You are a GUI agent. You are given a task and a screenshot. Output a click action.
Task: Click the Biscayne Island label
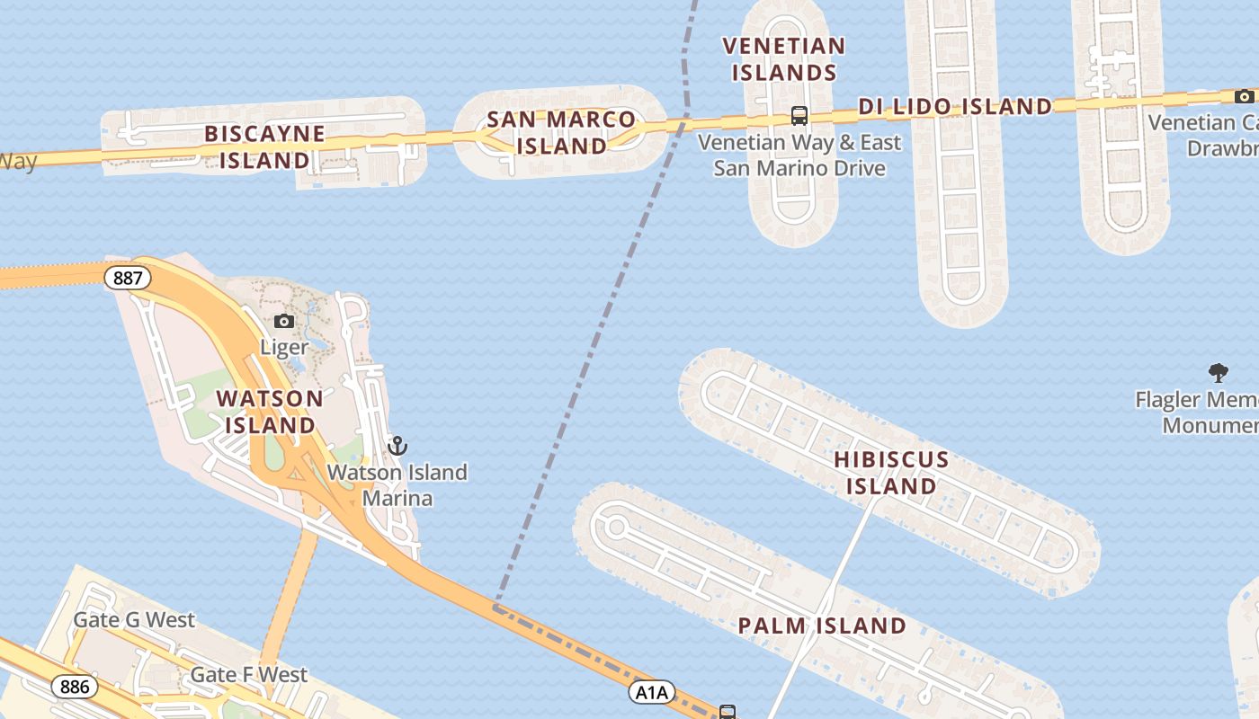[263, 147]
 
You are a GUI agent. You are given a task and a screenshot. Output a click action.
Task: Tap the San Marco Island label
[561, 132]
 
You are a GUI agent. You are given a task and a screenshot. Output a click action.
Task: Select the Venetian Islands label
[784, 58]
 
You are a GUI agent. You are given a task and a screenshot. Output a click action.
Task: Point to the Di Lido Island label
[954, 106]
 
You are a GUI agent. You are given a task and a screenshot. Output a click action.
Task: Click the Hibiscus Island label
[891, 473]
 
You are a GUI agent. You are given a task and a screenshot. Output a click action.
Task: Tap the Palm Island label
[822, 626]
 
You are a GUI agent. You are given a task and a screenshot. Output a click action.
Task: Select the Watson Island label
[270, 411]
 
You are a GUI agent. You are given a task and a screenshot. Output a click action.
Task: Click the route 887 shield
[128, 278]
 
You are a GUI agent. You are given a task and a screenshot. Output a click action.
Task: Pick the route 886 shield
[75, 688]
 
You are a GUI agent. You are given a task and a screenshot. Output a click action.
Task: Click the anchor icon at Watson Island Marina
[397, 445]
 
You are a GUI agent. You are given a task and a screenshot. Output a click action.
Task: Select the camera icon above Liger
[284, 321]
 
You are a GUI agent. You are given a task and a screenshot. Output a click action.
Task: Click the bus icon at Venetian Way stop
[799, 115]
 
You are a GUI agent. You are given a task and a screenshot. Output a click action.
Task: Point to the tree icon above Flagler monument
[1218, 372]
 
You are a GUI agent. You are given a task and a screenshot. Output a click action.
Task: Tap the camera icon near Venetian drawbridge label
[1244, 96]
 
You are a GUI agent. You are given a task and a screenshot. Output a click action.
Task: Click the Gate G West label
[134, 620]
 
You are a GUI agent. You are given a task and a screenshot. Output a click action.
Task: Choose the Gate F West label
[249, 674]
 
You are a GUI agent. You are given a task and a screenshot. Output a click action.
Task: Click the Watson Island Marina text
[397, 485]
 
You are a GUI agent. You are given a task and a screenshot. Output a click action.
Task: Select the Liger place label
[284, 347]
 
